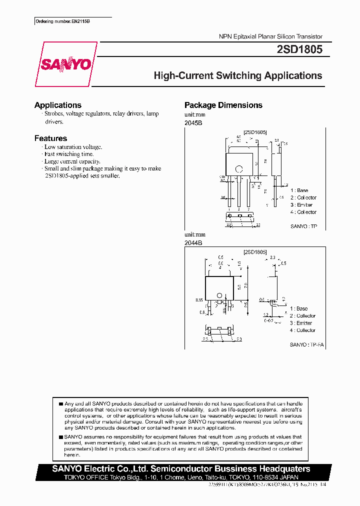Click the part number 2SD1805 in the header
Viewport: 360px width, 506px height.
coord(299,49)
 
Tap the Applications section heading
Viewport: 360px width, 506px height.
coord(58,105)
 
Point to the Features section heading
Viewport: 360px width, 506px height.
coord(50,138)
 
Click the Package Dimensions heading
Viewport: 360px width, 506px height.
coord(223,105)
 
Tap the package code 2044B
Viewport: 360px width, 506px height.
coord(193,242)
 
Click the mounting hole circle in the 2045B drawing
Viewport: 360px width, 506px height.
coord(239,168)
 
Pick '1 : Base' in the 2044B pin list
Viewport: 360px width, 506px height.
coord(298,308)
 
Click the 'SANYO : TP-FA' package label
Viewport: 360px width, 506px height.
coord(305,345)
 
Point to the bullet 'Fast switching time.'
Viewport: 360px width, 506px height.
coord(69,154)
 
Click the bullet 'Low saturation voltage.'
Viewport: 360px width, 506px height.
coord(73,147)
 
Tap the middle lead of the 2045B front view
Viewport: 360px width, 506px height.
coord(239,192)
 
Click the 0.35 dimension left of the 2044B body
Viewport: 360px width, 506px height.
coord(199,300)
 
